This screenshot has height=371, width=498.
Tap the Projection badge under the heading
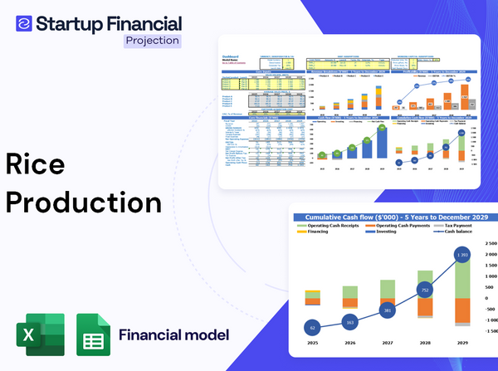coord(151,41)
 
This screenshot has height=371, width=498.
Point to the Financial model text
coord(173,335)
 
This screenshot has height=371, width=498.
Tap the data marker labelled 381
coord(387,310)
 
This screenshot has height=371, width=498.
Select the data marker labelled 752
coord(424,290)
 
